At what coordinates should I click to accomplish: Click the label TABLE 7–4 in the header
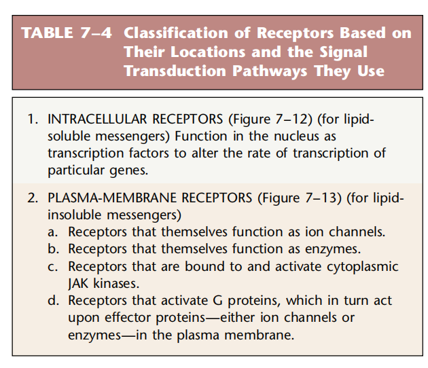(x=68, y=33)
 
